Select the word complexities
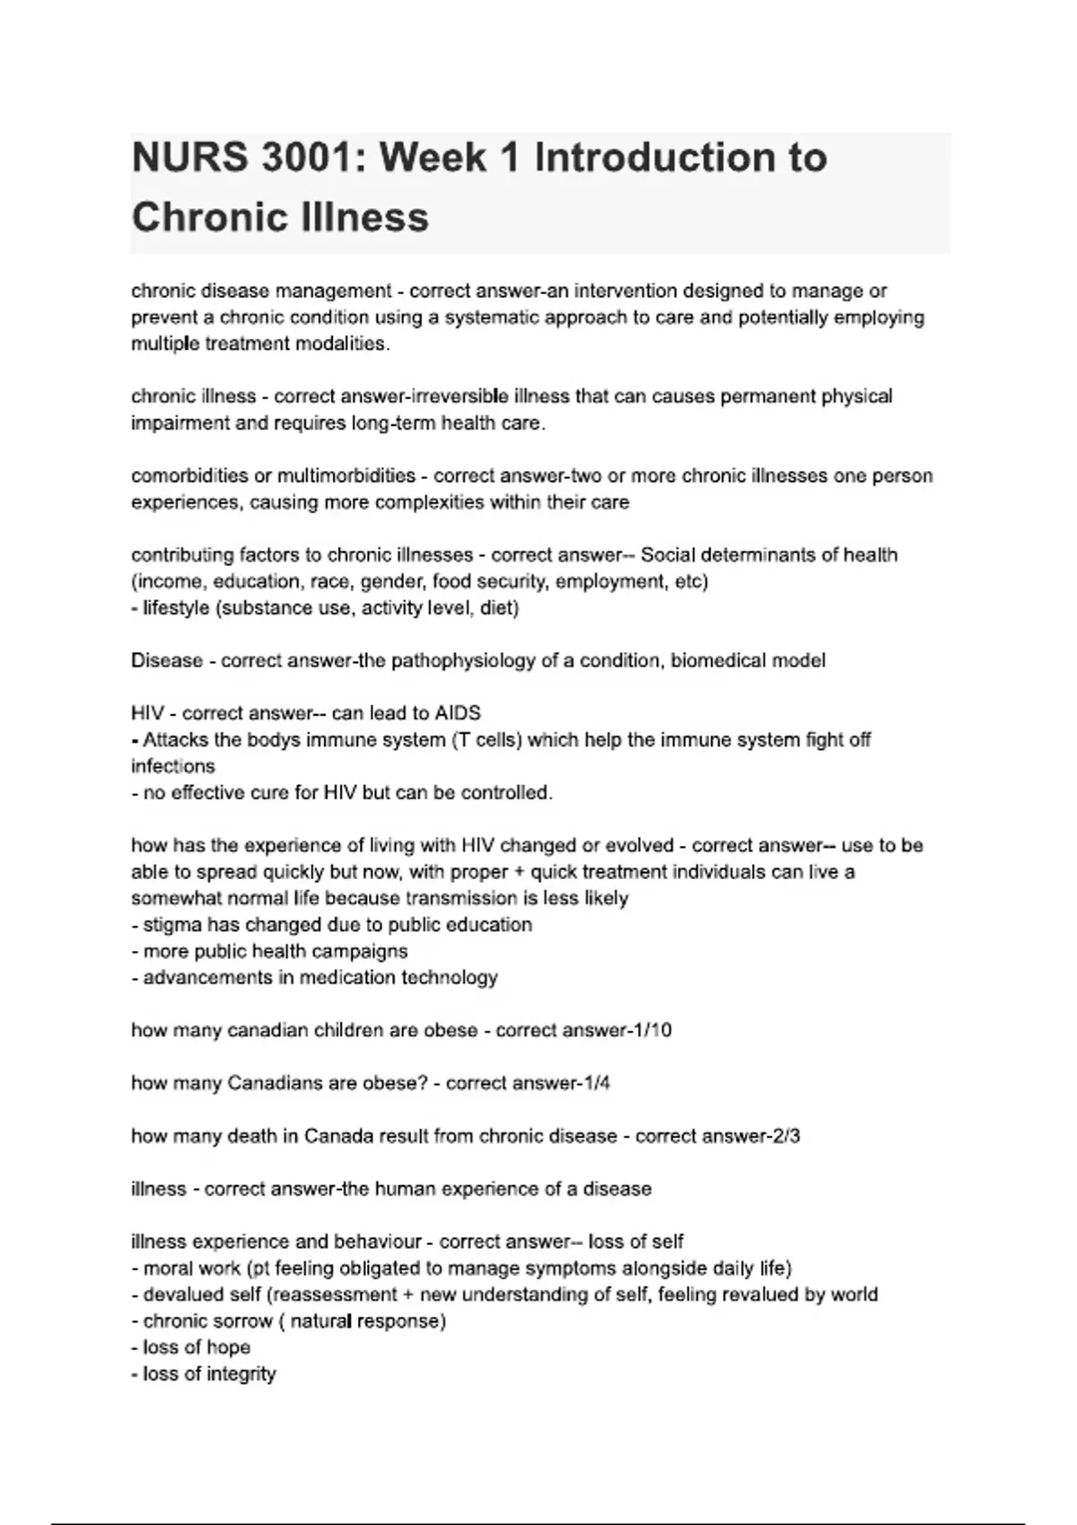[429, 502]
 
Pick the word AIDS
[458, 713]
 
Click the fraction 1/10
[652, 1030]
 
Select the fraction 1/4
[597, 1083]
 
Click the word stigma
[171, 925]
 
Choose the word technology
[449, 978]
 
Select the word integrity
[241, 1374]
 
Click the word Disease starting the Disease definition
[167, 661]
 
